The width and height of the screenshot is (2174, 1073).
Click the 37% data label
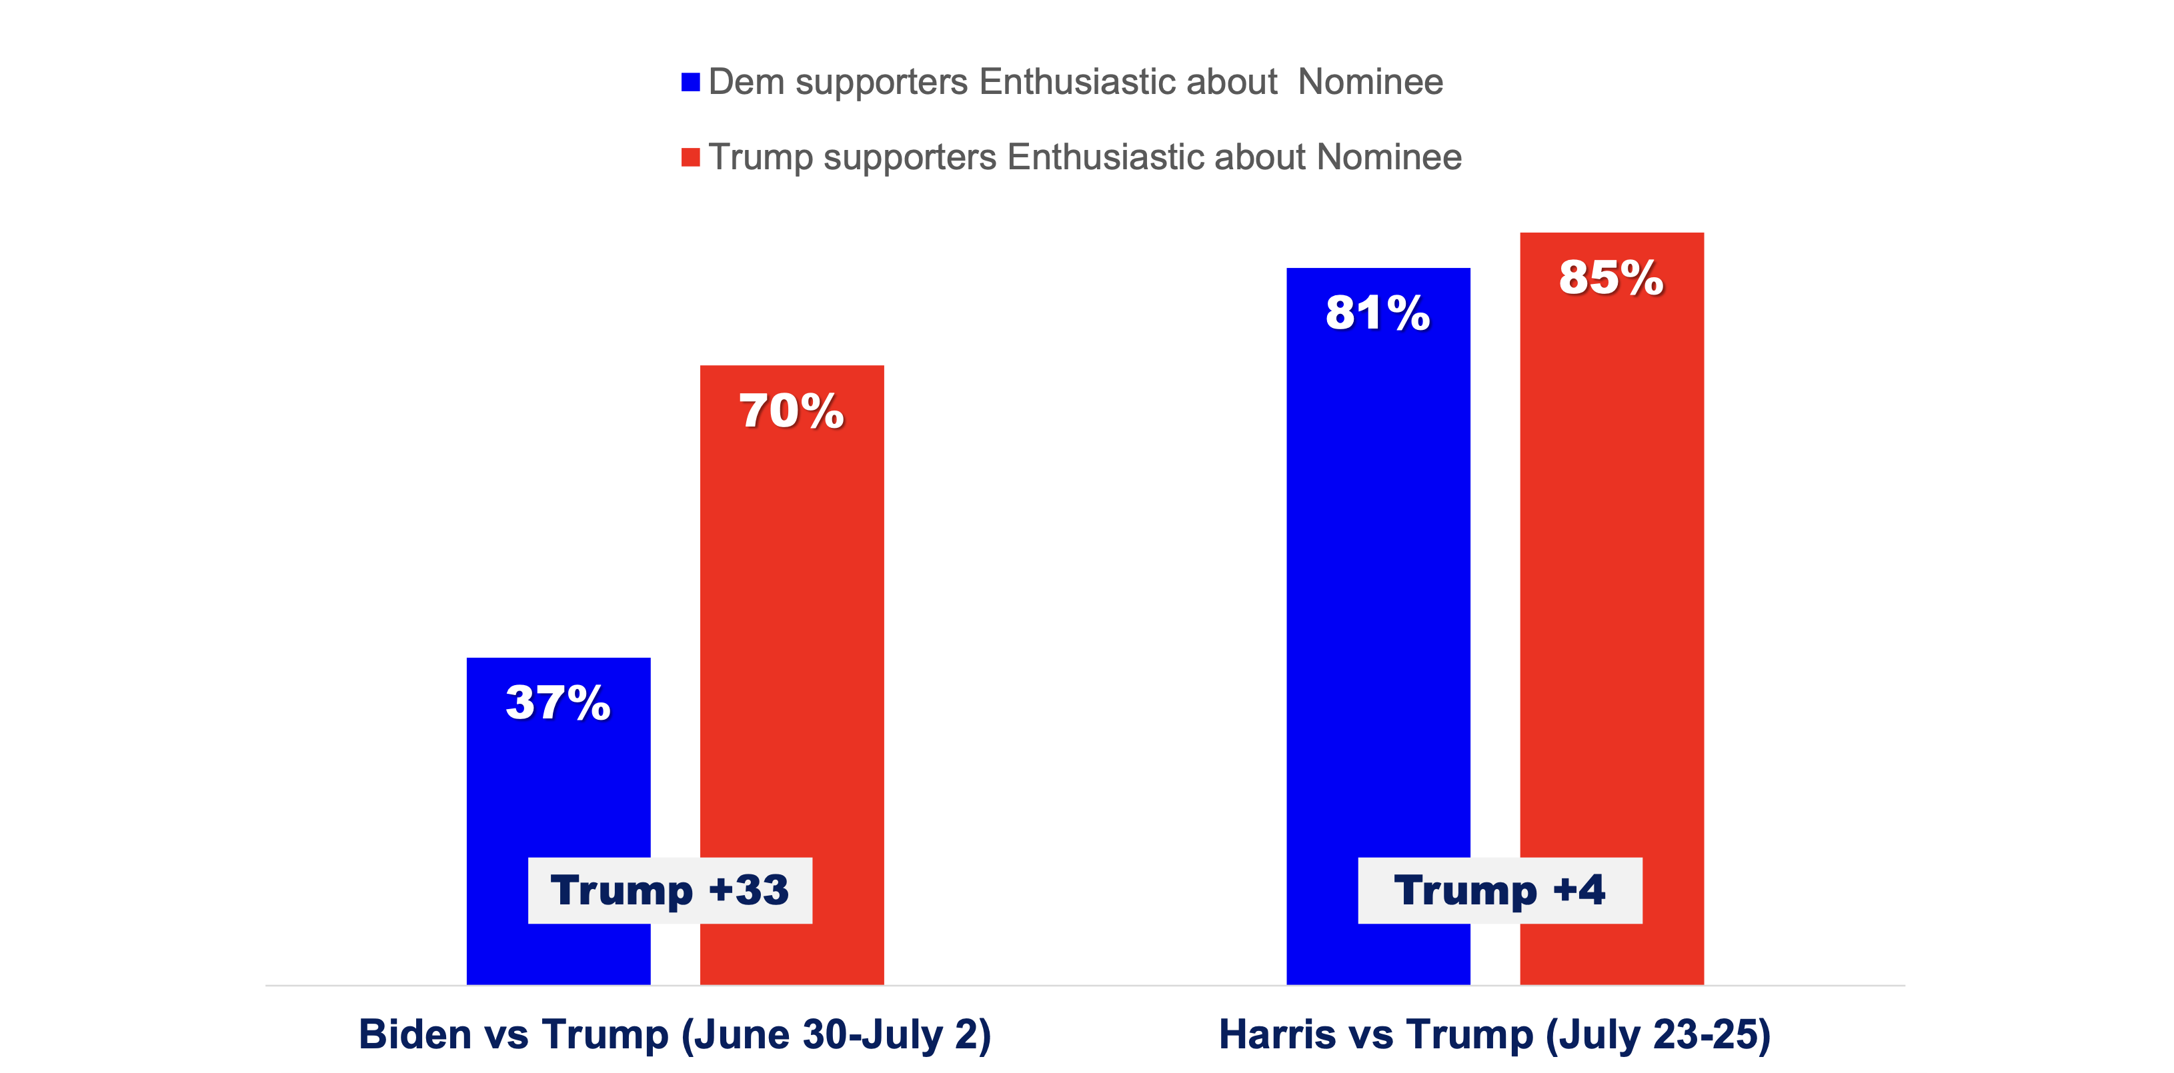(558, 702)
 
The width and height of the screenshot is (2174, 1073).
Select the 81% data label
(1377, 313)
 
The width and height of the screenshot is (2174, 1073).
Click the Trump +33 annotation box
(670, 891)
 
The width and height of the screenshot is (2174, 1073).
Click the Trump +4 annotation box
(1499, 891)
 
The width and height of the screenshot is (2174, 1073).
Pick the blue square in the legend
(690, 83)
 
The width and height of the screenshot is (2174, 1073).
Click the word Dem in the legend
(746, 83)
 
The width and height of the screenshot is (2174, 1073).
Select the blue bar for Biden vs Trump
(558, 784)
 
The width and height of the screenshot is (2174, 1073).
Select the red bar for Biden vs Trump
(792, 632)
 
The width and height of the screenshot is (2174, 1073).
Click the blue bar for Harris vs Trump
(1377, 590)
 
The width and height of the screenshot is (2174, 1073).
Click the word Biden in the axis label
(414, 1034)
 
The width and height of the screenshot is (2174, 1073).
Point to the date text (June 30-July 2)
(836, 1035)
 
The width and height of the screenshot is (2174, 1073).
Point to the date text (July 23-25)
(1657, 1035)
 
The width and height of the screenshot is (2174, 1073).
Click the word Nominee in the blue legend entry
(1370, 83)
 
